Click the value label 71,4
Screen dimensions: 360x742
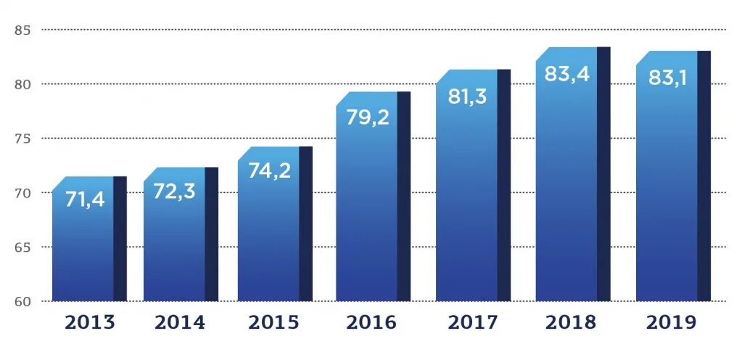[85, 199]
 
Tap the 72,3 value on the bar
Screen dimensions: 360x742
[174, 191]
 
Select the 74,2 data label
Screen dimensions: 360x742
[269, 170]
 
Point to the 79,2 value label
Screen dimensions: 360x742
[368, 116]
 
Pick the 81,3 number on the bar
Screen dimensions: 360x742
[467, 95]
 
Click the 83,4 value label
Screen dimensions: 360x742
[567, 73]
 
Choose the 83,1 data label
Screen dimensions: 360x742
[667, 77]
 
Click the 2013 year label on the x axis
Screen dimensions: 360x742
[90, 322]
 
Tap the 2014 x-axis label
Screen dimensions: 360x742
[181, 322]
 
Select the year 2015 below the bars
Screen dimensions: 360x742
[273, 322]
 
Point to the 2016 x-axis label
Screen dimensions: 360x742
[371, 322]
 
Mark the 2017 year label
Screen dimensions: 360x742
[473, 322]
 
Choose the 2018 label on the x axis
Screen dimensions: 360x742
[571, 322]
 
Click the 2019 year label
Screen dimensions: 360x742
[671, 322]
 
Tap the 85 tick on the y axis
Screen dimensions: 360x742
[22, 30]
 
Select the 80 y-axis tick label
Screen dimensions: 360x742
[22, 84]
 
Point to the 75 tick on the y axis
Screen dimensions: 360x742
[22, 139]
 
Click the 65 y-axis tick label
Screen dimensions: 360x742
[22, 247]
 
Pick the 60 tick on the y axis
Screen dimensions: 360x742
[22, 300]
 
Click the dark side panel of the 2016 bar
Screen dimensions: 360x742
[404, 196]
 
